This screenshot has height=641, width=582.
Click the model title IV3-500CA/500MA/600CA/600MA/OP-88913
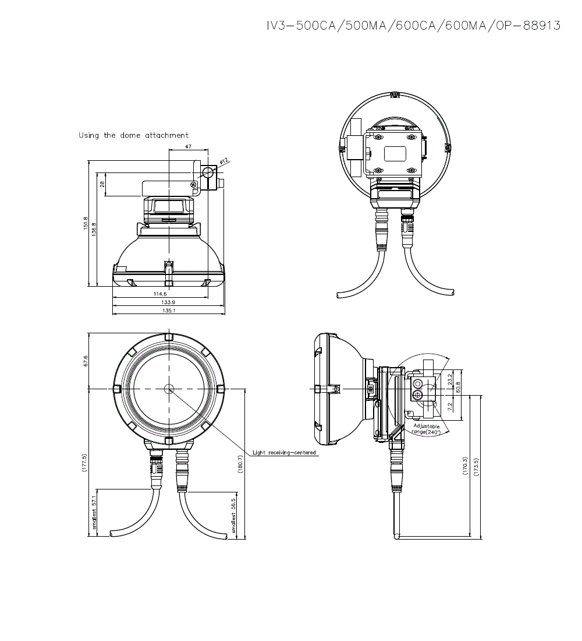click(x=413, y=26)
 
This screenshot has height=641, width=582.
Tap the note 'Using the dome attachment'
click(x=133, y=135)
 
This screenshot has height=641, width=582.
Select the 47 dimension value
click(x=188, y=147)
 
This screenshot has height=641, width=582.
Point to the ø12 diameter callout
click(x=225, y=160)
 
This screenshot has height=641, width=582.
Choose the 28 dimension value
click(x=102, y=184)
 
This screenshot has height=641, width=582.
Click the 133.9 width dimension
click(x=168, y=302)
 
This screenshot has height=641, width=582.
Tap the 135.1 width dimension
click(x=168, y=311)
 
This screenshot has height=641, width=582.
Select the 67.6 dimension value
click(x=86, y=361)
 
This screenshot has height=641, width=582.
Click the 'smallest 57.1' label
click(x=94, y=513)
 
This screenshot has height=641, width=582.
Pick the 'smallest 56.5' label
click(x=234, y=515)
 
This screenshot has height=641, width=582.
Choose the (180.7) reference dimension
click(x=241, y=463)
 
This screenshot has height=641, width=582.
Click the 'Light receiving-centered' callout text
click(x=285, y=453)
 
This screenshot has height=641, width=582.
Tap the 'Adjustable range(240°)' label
click(x=427, y=429)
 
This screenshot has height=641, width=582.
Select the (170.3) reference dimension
click(x=466, y=465)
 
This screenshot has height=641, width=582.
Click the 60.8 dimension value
click(x=458, y=387)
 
